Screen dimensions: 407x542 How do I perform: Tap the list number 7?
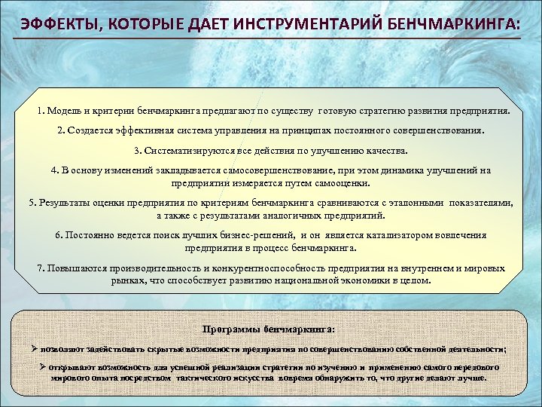click(x=41, y=268)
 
